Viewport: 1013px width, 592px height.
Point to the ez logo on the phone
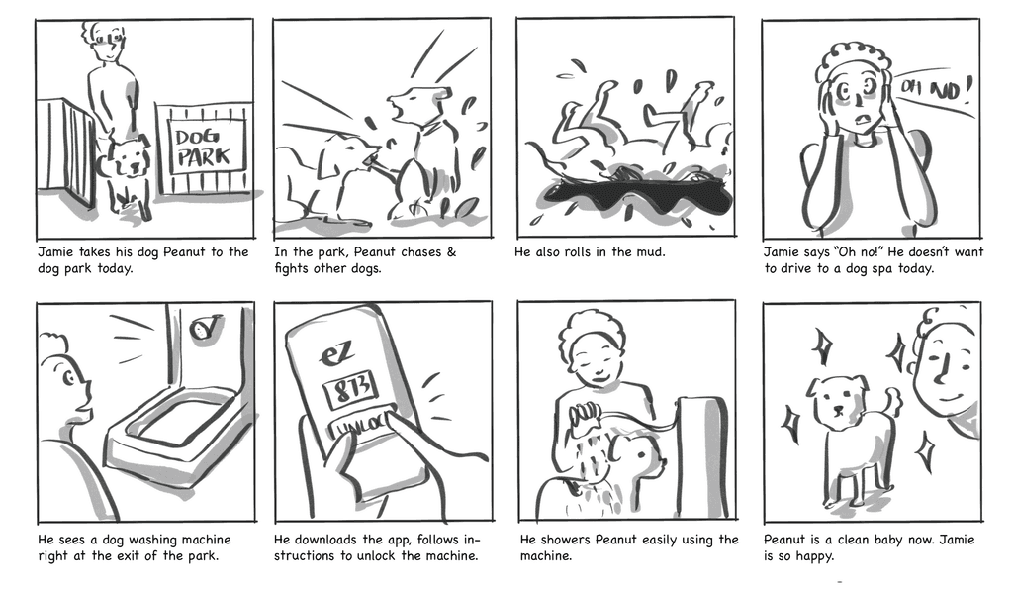pos(337,353)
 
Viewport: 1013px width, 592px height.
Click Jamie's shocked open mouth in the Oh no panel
pos(861,120)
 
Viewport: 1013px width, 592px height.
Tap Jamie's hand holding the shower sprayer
pos(585,414)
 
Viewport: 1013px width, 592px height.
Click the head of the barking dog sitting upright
pos(412,103)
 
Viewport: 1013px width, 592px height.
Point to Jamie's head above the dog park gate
pos(107,42)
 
